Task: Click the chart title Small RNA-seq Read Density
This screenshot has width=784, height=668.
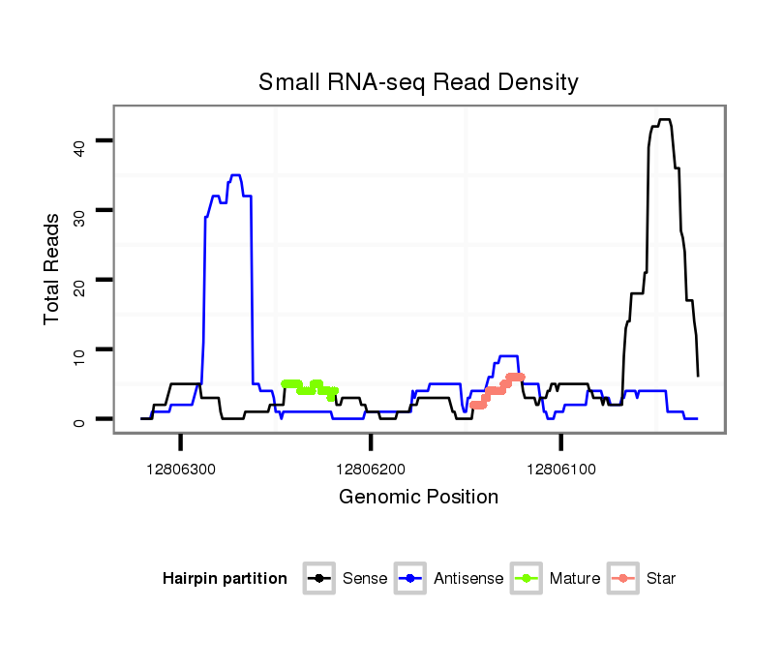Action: pos(418,82)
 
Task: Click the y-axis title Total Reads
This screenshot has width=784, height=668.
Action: pos(52,267)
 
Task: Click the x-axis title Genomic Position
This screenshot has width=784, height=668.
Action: pos(418,498)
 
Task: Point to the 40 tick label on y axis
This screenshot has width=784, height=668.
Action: pos(79,146)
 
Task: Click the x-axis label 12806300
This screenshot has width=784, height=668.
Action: pos(181,469)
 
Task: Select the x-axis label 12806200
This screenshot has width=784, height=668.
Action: pos(371,469)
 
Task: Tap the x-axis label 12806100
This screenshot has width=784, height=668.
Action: pos(561,469)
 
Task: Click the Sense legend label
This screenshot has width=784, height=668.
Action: pos(364,579)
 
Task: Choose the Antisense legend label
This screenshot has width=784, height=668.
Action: pos(467,579)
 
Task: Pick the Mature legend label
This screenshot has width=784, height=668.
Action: pos(574,579)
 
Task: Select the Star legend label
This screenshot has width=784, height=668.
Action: pos(660,579)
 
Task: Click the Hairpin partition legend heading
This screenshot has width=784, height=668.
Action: pos(225,579)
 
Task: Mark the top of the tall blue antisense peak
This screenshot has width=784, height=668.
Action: pos(235,175)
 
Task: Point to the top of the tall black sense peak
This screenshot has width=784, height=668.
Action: pos(664,120)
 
